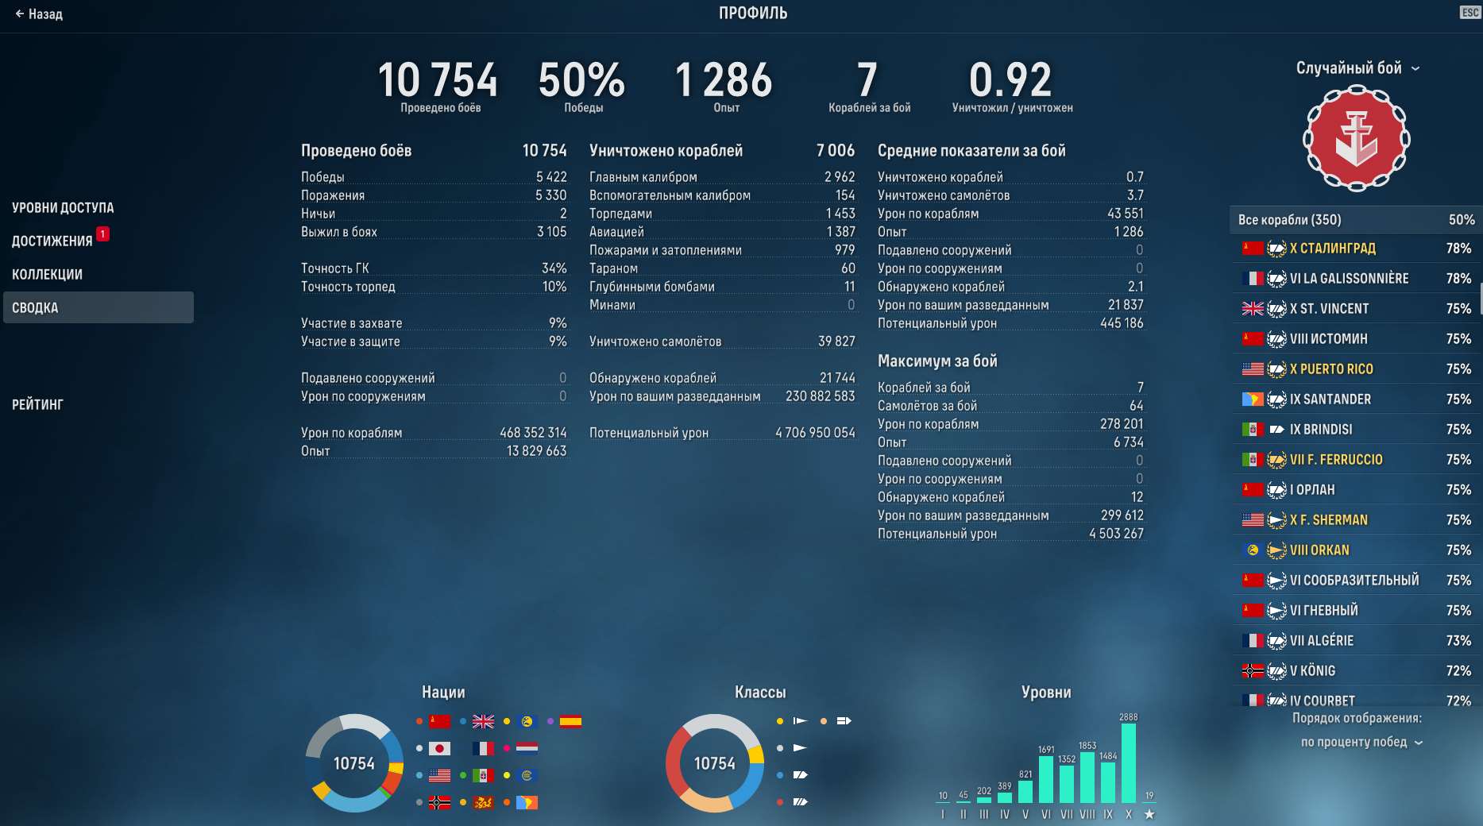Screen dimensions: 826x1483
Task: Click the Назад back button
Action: click(x=39, y=14)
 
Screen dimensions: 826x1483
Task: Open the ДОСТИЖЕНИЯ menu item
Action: click(x=52, y=241)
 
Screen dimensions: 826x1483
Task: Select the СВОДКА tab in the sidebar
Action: click(x=98, y=307)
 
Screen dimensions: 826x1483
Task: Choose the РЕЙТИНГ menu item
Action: click(x=37, y=404)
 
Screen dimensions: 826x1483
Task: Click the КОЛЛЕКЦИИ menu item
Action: click(x=47, y=274)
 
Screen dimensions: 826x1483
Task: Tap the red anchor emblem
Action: click(x=1356, y=139)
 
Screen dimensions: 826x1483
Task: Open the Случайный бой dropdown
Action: click(x=1357, y=68)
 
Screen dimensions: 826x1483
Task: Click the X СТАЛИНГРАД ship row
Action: click(x=1355, y=249)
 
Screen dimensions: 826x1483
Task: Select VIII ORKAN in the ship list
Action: click(x=1355, y=550)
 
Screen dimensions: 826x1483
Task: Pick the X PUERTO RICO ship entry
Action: click(x=1355, y=369)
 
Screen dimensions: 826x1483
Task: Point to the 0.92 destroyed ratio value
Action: click(x=1010, y=80)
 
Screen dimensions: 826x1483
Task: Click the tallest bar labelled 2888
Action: click(x=1128, y=762)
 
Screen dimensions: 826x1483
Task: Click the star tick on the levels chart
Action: click(x=1149, y=814)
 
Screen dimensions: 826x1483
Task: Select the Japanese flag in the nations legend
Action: click(x=439, y=748)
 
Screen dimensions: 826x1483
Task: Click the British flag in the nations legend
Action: click(x=483, y=721)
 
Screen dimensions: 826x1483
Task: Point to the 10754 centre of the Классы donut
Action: click(x=714, y=763)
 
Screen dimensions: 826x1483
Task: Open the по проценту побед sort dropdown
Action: click(x=1361, y=742)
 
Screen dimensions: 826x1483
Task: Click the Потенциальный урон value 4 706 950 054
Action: click(x=815, y=433)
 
